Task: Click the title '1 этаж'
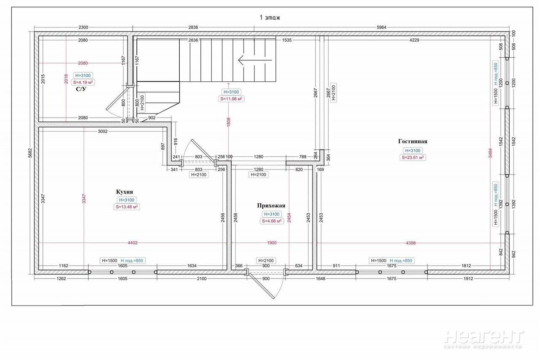click(270, 18)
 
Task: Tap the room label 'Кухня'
click(124, 192)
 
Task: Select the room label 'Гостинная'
click(413, 142)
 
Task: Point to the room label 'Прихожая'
click(271, 206)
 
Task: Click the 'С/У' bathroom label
click(81, 89)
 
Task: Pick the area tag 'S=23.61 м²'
click(413, 158)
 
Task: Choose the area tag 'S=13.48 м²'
click(127, 207)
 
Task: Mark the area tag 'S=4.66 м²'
click(271, 221)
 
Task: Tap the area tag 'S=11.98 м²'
click(231, 99)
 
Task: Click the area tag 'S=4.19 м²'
click(83, 82)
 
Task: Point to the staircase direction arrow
click(255, 60)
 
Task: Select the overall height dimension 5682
click(30, 153)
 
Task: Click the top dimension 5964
click(381, 27)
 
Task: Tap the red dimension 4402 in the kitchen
click(132, 243)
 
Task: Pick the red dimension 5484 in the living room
click(490, 153)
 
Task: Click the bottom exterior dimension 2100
click(202, 279)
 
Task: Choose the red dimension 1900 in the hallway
click(272, 243)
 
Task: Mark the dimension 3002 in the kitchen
click(103, 132)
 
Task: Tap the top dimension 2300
click(83, 27)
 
